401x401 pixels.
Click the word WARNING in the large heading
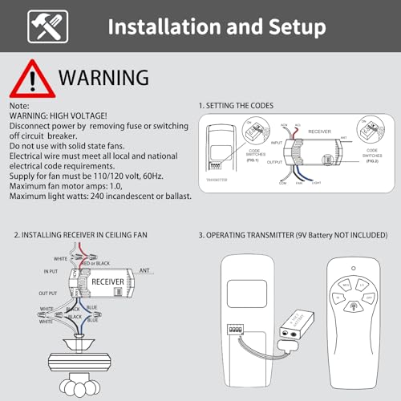tap(103, 78)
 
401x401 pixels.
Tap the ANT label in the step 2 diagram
tap(145, 270)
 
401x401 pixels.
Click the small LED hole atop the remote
tap(351, 265)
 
